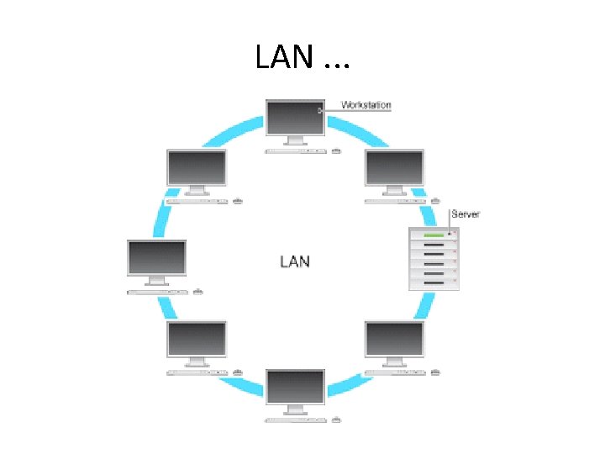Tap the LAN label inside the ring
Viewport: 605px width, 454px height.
[x=294, y=261]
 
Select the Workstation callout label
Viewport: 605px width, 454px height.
[x=366, y=105]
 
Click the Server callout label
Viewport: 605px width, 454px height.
[x=466, y=214]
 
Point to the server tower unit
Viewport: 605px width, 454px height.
[x=434, y=259]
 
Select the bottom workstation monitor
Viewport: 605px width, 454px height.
[x=295, y=387]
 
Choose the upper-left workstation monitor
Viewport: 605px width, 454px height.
[x=197, y=168]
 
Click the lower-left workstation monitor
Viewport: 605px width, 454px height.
[x=197, y=339]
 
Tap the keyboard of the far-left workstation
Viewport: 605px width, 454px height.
[x=157, y=292]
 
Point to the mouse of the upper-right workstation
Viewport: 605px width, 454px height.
[x=435, y=202]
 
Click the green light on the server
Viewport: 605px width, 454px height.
[x=434, y=235]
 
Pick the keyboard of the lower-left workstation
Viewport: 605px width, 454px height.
[x=197, y=372]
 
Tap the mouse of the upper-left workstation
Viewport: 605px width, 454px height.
[x=238, y=202]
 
